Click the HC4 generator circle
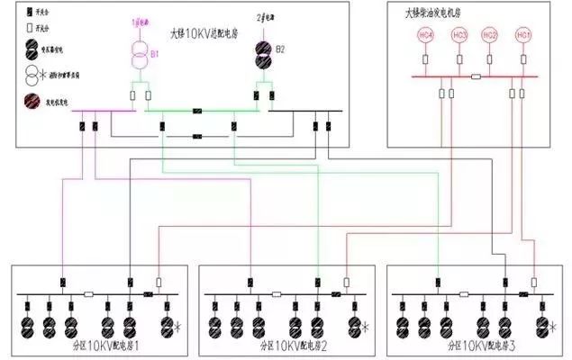(x=425, y=35)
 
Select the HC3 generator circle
(x=459, y=35)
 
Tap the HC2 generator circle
(x=491, y=35)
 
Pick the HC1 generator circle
(x=523, y=35)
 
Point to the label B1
(x=154, y=54)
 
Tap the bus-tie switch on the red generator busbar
(x=475, y=77)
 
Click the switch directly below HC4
(x=425, y=60)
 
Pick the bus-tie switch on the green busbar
(x=195, y=112)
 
